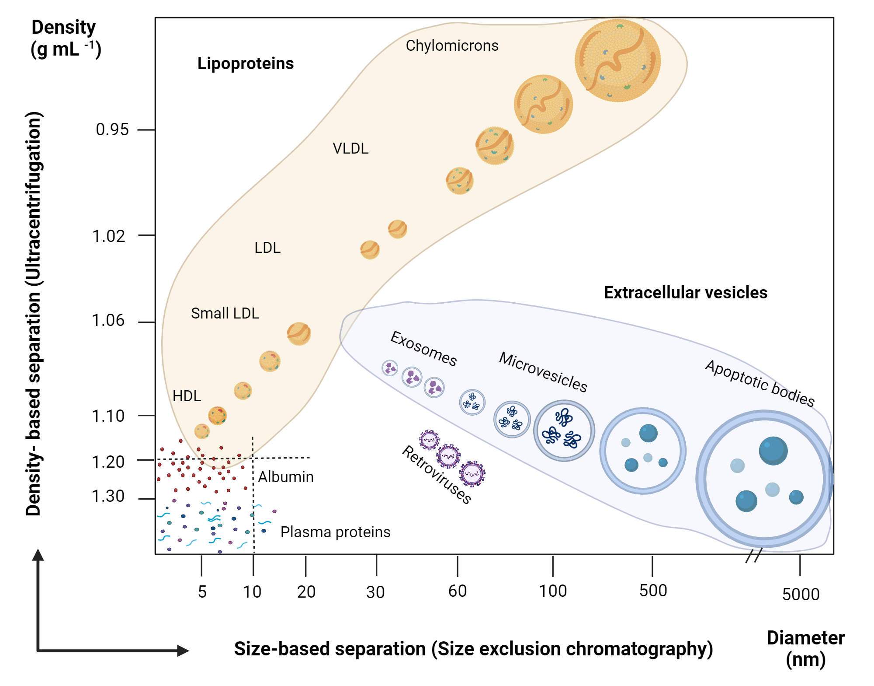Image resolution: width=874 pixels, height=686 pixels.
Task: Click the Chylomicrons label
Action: [452, 45]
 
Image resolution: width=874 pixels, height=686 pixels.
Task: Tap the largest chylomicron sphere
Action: [617, 60]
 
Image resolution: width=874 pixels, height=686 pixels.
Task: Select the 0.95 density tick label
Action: [112, 129]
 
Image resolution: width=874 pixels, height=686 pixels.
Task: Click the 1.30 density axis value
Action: [108, 497]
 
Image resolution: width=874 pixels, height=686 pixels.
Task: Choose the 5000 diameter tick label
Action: [801, 595]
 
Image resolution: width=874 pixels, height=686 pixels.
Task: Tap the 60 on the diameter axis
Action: [458, 591]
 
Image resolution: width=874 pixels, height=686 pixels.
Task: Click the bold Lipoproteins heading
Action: [245, 63]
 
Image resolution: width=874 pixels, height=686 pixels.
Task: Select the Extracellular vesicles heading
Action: [685, 292]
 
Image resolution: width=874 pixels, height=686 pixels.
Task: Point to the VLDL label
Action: [350, 148]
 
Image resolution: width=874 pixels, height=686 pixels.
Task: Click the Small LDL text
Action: [225, 313]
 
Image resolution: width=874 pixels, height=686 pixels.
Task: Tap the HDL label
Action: [187, 396]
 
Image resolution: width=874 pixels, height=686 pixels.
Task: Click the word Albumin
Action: [286, 477]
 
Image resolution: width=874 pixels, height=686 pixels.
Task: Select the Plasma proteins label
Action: [335, 532]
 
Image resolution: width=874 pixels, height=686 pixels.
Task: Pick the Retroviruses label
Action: [437, 475]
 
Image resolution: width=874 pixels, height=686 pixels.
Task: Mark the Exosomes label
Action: [423, 349]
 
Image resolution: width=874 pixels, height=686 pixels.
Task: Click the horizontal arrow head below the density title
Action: [183, 651]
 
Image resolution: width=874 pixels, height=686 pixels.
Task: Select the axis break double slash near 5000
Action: [754, 555]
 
